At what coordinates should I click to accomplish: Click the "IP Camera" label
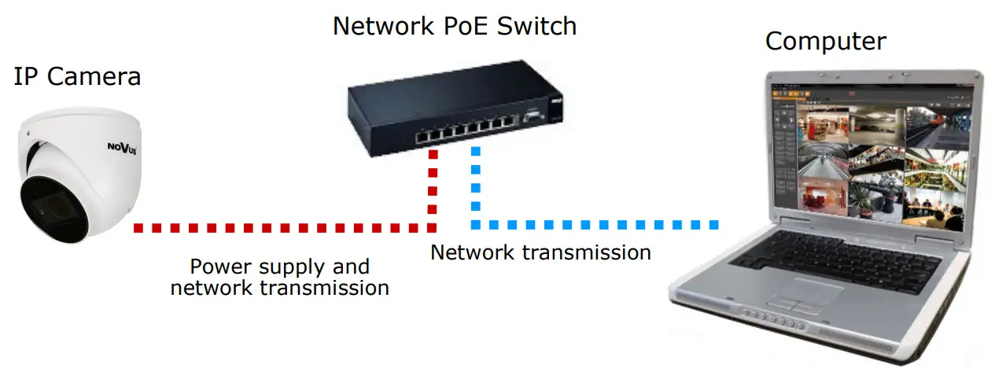[x=77, y=77]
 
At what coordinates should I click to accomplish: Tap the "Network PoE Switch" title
[x=454, y=26]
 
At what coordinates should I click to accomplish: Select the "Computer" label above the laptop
[x=825, y=42]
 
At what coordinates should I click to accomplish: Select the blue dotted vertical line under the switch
[x=475, y=182]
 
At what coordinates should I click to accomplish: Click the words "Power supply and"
[x=279, y=266]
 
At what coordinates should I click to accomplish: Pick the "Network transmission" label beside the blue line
[x=540, y=252]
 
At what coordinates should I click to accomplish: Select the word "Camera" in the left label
[x=94, y=77]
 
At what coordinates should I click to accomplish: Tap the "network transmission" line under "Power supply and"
[x=279, y=288]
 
